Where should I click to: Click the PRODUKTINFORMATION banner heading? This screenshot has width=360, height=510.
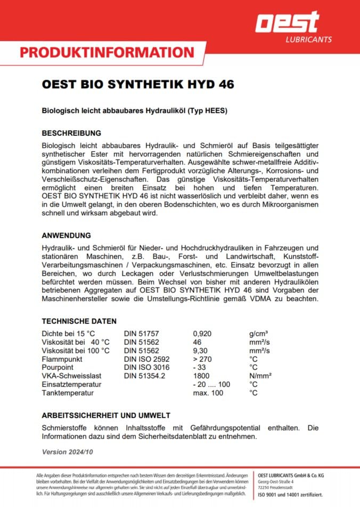click(x=107, y=52)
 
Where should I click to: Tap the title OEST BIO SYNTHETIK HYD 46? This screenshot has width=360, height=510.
click(x=138, y=85)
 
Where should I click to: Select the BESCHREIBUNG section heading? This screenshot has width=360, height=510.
click(x=71, y=133)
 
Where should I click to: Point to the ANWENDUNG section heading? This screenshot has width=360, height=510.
click(x=66, y=235)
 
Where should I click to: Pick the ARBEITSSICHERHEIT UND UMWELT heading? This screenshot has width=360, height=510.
click(x=106, y=415)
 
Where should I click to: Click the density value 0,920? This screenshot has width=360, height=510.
click(x=202, y=334)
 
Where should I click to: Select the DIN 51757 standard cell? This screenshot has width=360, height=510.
click(x=142, y=334)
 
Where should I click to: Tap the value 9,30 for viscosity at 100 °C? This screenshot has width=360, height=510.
click(x=200, y=351)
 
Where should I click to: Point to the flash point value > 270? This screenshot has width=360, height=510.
click(x=203, y=359)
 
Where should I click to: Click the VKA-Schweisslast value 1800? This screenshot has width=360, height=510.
click(x=201, y=376)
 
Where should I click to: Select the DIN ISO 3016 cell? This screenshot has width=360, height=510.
click(x=146, y=368)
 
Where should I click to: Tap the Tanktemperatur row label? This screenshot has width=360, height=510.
click(x=68, y=393)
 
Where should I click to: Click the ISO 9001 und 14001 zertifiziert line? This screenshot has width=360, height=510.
click(x=290, y=495)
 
